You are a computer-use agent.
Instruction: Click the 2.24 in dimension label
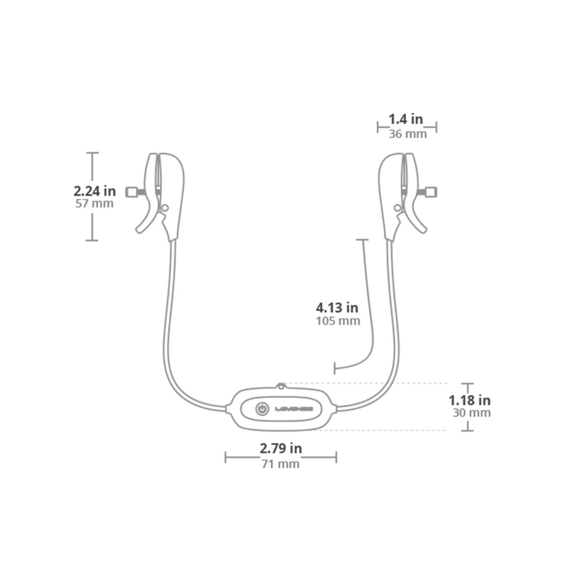[95, 191]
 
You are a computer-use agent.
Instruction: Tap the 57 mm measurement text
[94, 203]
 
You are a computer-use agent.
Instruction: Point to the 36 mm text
[408, 134]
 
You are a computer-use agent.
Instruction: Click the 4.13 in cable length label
[337, 308]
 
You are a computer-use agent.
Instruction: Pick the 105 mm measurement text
[338, 321]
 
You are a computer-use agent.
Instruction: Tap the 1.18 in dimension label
[470, 401]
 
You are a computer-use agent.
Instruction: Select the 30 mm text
[472, 413]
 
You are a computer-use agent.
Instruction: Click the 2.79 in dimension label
[281, 449]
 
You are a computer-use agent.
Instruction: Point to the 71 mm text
[281, 464]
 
